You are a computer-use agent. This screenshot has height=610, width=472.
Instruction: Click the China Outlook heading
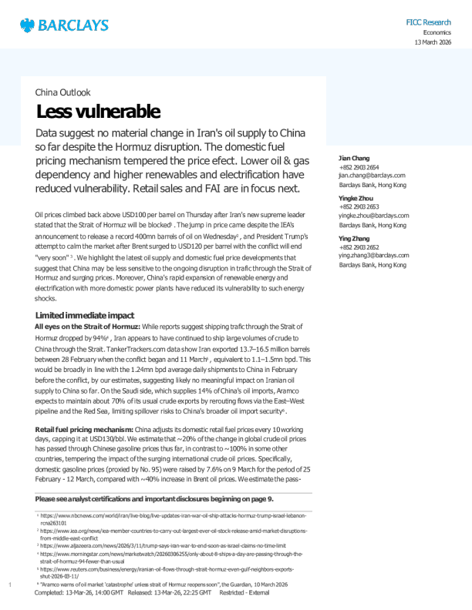[x=62, y=92]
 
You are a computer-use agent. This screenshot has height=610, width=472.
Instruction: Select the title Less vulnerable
[x=98, y=112]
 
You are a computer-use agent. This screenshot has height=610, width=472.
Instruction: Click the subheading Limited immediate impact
[x=85, y=316]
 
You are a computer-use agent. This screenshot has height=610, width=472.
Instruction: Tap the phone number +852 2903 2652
[x=359, y=247]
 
